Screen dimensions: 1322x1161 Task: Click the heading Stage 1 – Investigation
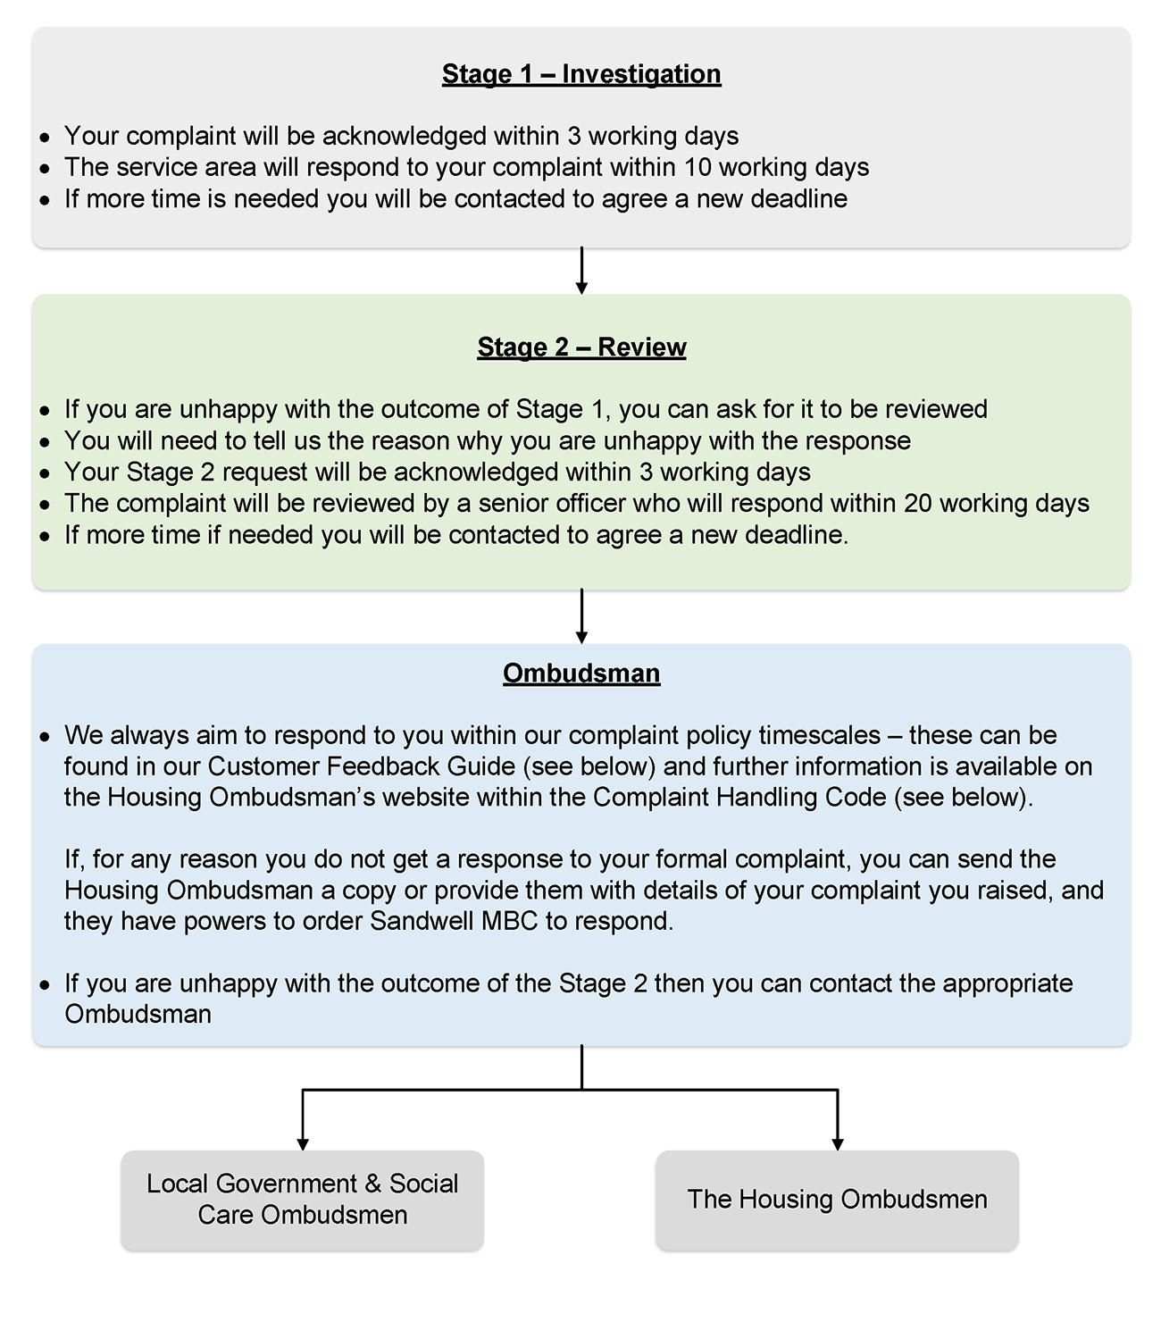tap(581, 74)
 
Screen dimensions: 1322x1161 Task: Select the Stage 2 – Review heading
tap(581, 347)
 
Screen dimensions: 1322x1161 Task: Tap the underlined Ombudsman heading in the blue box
tap(581, 674)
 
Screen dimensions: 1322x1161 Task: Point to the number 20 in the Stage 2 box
tap(917, 504)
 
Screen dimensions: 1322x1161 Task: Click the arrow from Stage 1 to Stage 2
tap(581, 271)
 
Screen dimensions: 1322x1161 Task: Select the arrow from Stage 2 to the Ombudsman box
tap(581, 616)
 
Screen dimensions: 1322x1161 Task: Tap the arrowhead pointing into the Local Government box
tap(303, 1143)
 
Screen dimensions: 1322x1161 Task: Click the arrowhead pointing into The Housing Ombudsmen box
tap(837, 1143)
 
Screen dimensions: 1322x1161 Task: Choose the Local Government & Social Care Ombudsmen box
tap(303, 1200)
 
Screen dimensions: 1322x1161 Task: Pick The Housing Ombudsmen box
tap(837, 1200)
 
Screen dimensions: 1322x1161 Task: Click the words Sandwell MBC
tap(454, 922)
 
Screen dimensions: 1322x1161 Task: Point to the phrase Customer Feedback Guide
tap(362, 767)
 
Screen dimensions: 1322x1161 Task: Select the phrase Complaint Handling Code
tap(739, 798)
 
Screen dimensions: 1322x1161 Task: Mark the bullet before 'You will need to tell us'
tap(46, 442)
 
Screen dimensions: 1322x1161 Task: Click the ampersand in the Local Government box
tap(373, 1184)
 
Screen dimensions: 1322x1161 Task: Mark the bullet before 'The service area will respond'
tap(46, 169)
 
